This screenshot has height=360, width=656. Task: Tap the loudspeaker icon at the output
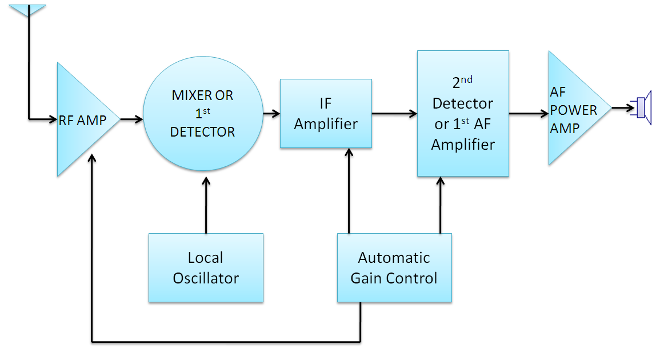click(642, 107)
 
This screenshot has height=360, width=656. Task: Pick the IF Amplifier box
click(326, 113)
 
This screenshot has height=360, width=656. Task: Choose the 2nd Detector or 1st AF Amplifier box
click(463, 113)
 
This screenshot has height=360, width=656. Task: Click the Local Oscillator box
click(206, 267)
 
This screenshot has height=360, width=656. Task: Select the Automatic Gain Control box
click(394, 267)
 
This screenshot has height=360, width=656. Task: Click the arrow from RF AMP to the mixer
click(131, 119)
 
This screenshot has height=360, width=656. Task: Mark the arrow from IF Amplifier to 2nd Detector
click(394, 113)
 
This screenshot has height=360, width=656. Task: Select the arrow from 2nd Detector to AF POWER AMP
click(529, 113)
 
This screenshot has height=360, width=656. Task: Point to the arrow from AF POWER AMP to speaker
click(621, 107)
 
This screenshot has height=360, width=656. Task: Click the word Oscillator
click(206, 278)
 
